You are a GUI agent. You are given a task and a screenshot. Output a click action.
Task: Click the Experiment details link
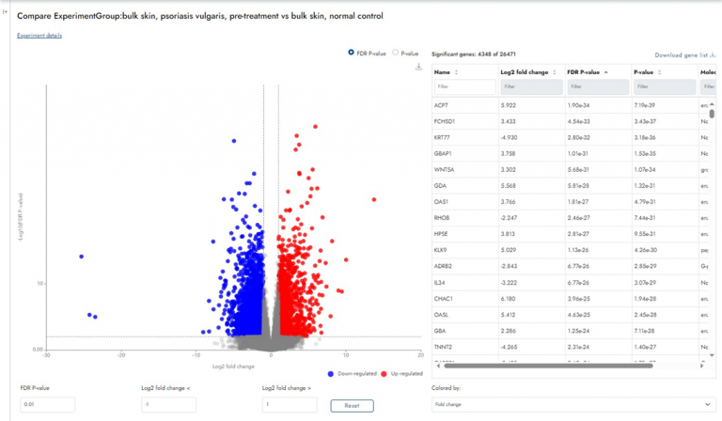coord(39,36)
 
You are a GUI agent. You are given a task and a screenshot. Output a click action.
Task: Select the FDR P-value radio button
coord(352,54)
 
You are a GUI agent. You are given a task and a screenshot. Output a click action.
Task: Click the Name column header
coord(443,71)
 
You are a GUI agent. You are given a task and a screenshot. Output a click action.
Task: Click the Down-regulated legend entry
coord(353,373)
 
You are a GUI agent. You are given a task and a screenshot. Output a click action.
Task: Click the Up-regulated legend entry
coord(404,373)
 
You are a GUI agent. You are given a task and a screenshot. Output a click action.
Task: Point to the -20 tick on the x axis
coord(121,355)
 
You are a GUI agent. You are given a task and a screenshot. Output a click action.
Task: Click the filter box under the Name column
coord(463,86)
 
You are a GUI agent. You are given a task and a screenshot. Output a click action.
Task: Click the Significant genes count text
coord(473,55)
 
